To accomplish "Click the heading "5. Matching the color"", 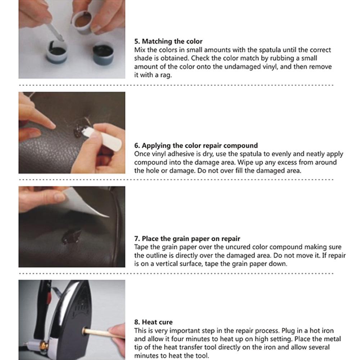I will (x=168, y=42).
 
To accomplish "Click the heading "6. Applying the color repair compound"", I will (x=196, y=146).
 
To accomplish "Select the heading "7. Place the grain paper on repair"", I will (x=187, y=238).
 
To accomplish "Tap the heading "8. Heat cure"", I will (x=153, y=322).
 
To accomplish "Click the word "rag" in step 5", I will (x=161, y=75).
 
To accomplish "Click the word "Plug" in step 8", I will (x=295, y=331).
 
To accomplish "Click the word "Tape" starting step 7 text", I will (x=141, y=247).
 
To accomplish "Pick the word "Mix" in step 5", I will (x=140, y=50).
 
